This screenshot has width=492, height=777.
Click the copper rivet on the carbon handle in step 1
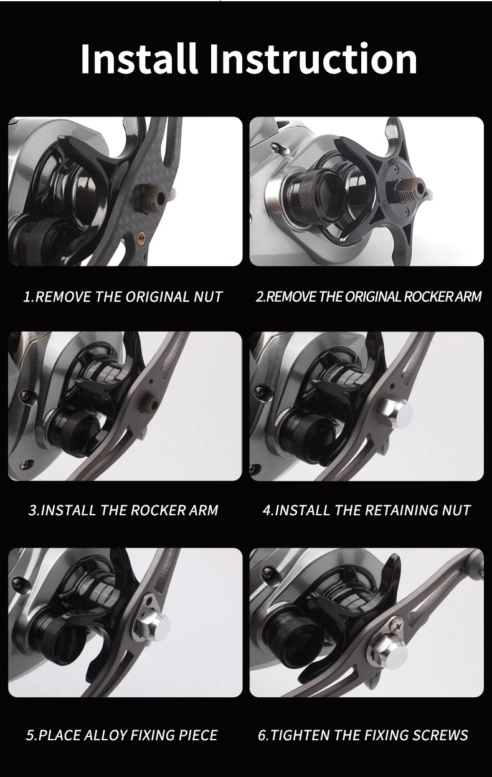click(141, 237)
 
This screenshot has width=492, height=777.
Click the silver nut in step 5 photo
click(153, 629)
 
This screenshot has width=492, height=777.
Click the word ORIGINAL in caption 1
click(158, 297)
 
